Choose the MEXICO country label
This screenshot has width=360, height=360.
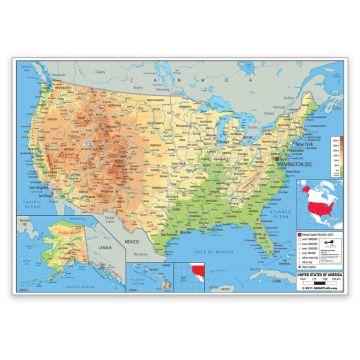(x=132, y=243)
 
